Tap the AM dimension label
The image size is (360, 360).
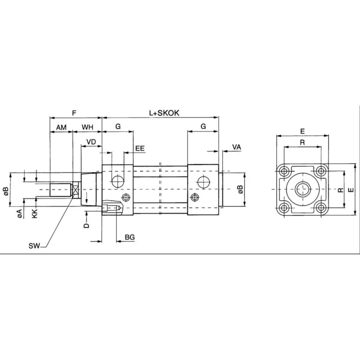pos(61,127)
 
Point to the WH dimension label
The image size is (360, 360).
pos(88,127)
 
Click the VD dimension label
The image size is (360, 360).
pos(91,142)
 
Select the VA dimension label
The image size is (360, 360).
pos(237,147)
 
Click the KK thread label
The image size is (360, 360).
pos(35,213)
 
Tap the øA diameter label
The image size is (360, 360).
pos(20,213)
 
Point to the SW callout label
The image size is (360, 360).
pos(34,245)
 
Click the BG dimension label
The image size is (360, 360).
pos(130,236)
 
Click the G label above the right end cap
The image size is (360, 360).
pos(203,127)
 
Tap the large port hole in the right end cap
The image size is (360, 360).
pos(203,181)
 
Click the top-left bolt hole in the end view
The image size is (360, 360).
pos(284,171)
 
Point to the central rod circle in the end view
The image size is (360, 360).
pos(302,189)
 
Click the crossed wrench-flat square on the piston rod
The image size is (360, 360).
pos(76,190)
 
